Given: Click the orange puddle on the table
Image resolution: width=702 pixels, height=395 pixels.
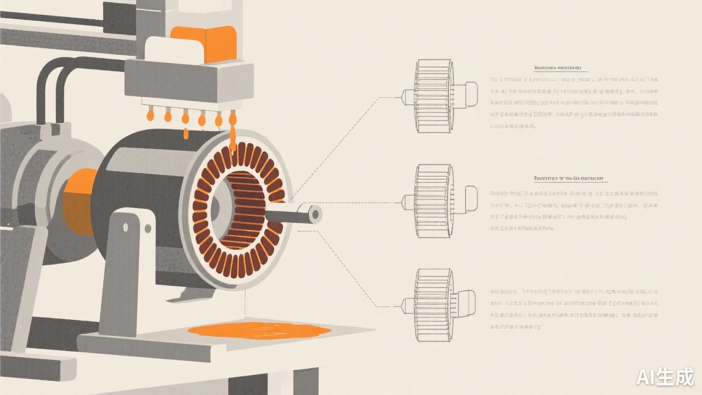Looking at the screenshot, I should click(x=259, y=330).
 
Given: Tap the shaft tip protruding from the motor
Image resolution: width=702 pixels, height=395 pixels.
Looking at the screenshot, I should click(x=315, y=214).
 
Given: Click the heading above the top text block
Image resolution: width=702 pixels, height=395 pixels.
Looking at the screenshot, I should click(x=557, y=69).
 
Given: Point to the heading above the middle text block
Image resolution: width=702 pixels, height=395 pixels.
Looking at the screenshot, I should click(x=570, y=179).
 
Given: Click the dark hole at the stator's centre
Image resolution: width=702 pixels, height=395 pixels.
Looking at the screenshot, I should click(x=216, y=207).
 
